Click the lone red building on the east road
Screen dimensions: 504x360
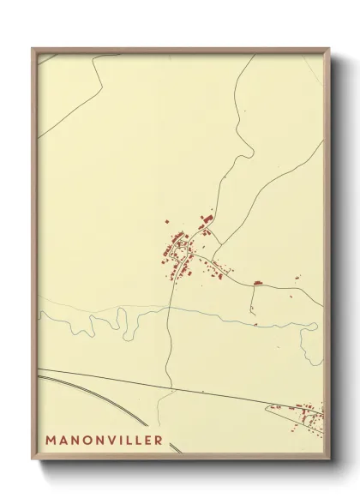coord(256,282)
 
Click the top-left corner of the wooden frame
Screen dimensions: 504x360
coord(33,48)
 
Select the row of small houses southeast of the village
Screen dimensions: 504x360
coord(214,272)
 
